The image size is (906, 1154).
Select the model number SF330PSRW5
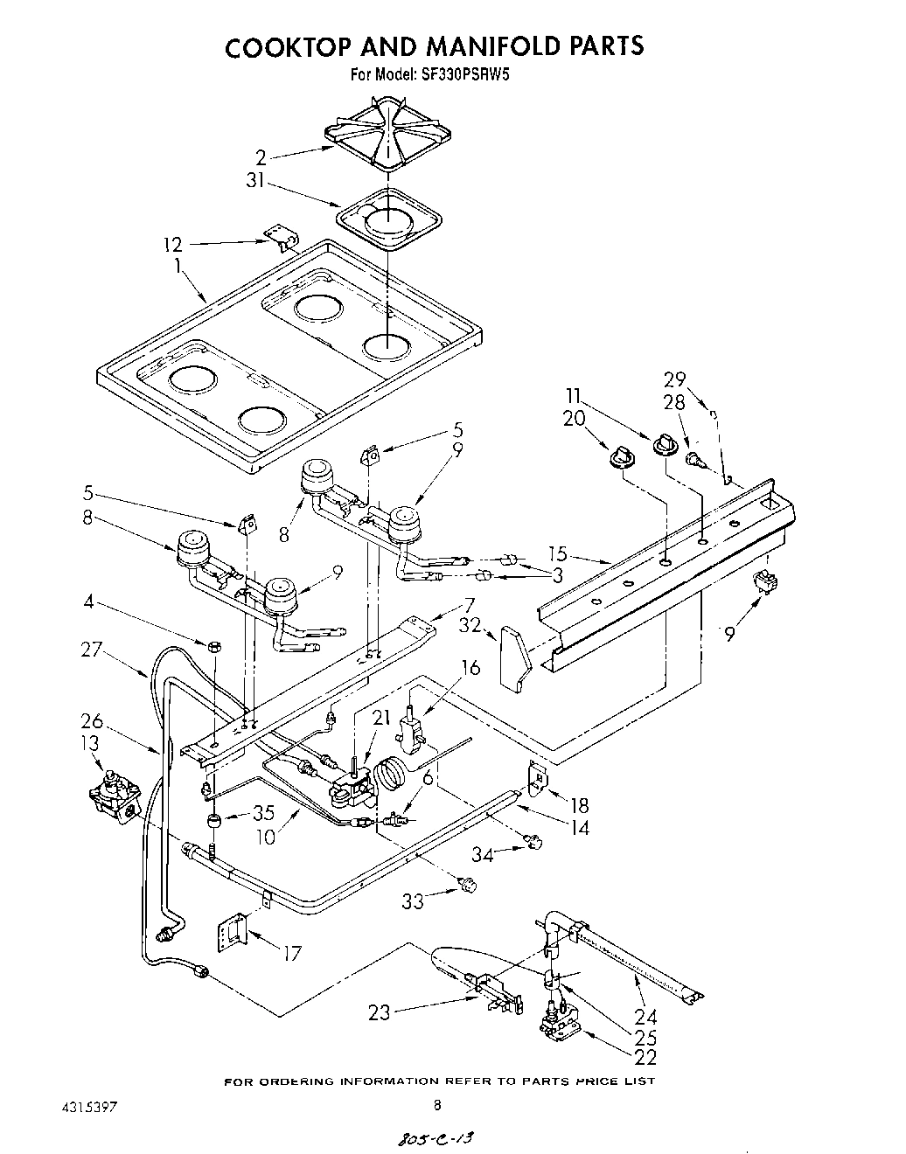(x=467, y=75)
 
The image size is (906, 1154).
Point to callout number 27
(x=92, y=650)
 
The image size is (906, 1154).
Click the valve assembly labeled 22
(x=552, y=1026)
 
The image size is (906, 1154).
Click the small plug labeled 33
(x=469, y=886)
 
